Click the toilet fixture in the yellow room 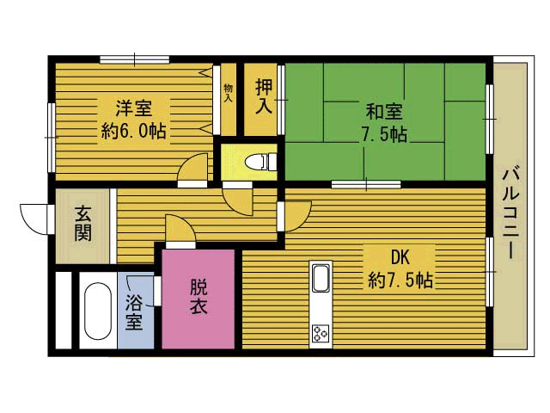tap(260, 162)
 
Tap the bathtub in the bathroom tap(98, 311)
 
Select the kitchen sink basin tap(321, 278)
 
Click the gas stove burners tap(321, 333)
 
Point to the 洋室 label tap(134, 108)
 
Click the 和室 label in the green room tap(384, 112)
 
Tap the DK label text tap(400, 258)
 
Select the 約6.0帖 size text tap(134, 132)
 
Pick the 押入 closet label tap(264, 96)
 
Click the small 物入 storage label tap(228, 93)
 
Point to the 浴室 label tap(134, 311)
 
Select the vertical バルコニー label tap(510, 214)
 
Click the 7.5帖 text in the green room tap(385, 134)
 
